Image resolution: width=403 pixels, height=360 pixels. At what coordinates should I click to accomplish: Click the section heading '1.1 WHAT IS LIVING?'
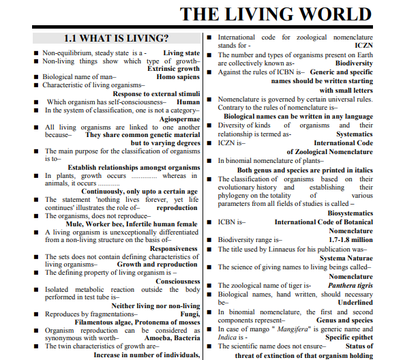116,39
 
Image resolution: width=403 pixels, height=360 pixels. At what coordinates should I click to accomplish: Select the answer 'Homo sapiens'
178,77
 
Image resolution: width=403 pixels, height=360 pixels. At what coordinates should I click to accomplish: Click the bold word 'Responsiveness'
175,249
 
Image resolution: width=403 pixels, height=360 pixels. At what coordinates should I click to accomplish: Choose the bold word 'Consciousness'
177,282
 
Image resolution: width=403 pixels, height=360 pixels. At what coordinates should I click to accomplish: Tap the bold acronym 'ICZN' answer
364,46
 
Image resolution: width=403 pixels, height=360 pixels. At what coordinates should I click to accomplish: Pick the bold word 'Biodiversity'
354,63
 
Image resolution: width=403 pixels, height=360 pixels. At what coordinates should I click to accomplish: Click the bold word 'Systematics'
354,134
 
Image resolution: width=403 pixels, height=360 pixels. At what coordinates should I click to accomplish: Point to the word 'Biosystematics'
350,213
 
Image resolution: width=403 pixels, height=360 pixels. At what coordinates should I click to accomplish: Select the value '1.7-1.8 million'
350,240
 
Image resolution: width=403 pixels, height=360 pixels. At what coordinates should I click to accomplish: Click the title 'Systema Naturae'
346,258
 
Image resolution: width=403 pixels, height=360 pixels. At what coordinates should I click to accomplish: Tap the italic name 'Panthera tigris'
349,286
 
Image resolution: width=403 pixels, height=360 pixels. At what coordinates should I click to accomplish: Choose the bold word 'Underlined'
355,302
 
